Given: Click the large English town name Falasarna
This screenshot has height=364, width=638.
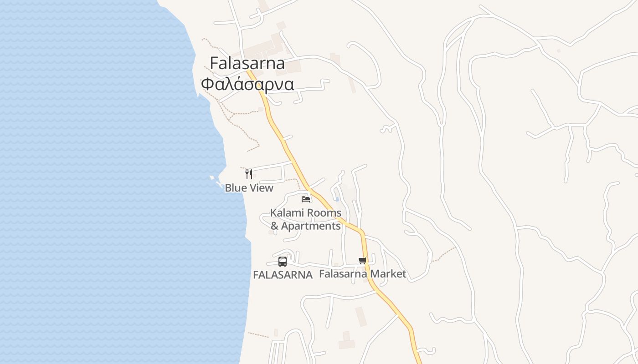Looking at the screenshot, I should [247, 63].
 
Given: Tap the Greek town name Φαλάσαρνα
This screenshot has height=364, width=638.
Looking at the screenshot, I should [247, 84].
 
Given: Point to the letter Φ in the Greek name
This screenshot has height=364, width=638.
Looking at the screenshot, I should [207, 84].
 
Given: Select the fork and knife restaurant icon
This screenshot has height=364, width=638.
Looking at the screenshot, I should [249, 174].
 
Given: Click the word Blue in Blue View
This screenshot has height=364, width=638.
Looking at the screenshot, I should [236, 188].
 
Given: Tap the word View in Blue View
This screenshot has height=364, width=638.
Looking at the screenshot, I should [261, 188].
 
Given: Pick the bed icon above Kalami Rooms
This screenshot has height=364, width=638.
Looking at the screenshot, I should [306, 199].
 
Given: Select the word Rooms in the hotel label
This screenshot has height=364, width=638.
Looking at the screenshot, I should [324, 213].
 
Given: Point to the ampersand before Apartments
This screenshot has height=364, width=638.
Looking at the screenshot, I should [274, 226].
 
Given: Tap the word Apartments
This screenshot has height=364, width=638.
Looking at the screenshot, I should [311, 226].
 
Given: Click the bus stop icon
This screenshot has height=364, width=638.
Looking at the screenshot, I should [283, 262].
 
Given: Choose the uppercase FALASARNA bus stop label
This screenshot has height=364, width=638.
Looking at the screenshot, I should [283, 275].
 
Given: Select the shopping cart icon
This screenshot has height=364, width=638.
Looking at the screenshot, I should [362, 261].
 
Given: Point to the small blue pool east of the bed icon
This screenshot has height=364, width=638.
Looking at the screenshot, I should [337, 199].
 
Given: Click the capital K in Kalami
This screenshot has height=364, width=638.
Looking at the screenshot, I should [273, 213].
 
